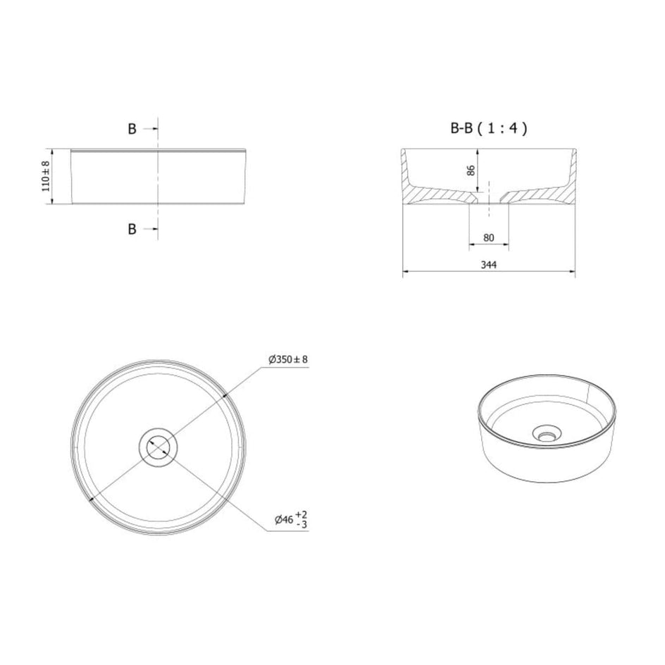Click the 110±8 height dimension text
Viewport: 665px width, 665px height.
(46, 176)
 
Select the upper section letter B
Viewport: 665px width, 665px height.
(132, 129)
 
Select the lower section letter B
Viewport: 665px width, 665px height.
(132, 229)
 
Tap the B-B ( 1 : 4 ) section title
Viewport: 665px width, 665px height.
(489, 128)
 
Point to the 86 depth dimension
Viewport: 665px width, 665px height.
(471, 170)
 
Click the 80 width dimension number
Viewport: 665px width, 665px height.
(489, 238)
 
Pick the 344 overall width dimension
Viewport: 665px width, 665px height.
(489, 265)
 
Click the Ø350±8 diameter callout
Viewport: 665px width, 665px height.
(288, 360)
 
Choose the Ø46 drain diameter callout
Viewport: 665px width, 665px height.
(284, 519)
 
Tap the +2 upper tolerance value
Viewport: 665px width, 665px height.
(301, 515)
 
